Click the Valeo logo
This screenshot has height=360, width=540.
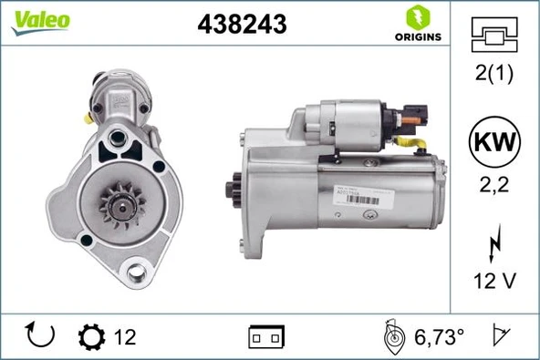tap(40, 22)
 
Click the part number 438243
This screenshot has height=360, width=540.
tap(242, 26)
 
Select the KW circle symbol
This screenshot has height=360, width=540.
tap(493, 144)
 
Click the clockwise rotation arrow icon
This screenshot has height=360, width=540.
tap(41, 336)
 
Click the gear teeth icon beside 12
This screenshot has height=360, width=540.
tap(92, 337)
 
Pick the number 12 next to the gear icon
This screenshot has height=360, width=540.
tap(125, 337)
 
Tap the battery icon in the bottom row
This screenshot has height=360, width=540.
tap(266, 338)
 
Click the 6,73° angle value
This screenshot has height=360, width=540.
tap(440, 337)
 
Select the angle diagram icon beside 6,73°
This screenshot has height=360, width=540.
tap(391, 336)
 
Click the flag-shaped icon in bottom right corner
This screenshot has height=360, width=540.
tap(500, 336)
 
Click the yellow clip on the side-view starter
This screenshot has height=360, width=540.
tap(416, 145)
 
